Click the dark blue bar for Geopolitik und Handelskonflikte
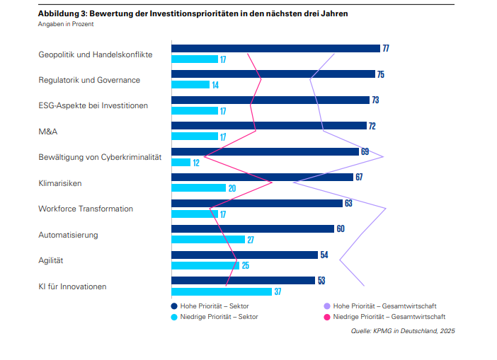point(276,48)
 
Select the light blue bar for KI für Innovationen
point(222,291)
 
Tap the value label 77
point(386,48)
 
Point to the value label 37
point(278,291)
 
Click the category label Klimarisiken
point(60,183)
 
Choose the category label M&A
point(47,132)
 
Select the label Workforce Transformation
point(86,209)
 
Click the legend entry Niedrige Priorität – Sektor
point(214,317)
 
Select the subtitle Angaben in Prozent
point(66,24)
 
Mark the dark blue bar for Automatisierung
point(253,228)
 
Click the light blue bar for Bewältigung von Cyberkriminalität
point(181,163)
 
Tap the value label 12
point(196,163)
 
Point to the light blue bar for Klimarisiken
point(199,188)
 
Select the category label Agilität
point(51,260)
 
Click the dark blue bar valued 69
point(265,151)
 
